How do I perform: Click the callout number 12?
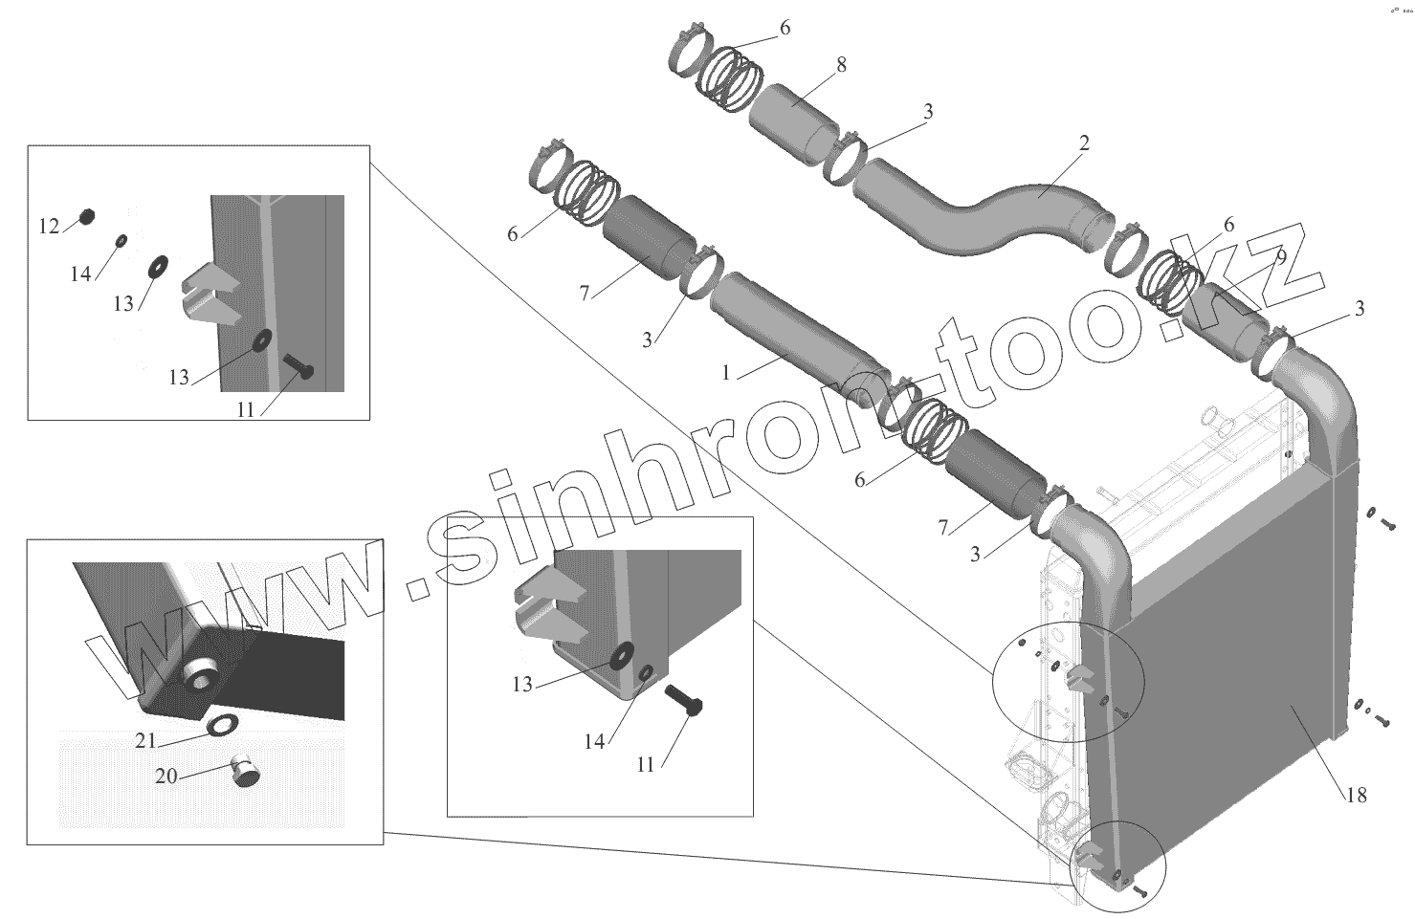(49, 227)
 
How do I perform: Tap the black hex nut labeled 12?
(85, 216)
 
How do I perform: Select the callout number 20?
(166, 776)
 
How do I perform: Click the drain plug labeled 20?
(247, 771)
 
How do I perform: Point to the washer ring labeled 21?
(223, 726)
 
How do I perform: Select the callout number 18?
(1356, 795)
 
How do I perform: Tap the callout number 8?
(841, 65)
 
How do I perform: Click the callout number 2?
(1084, 143)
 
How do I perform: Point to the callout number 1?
(726, 373)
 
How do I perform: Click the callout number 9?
(1280, 257)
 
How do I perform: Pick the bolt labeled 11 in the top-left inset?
(298, 368)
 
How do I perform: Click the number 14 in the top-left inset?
(80, 274)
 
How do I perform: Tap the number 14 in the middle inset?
(594, 741)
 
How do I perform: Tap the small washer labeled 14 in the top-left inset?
(122, 240)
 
